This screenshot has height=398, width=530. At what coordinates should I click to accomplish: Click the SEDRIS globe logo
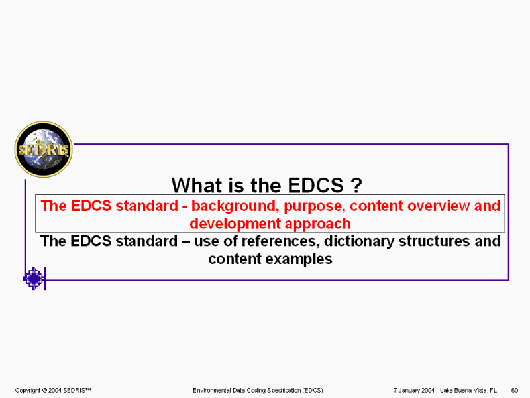click(43, 149)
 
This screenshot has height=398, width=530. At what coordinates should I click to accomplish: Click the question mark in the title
click(356, 185)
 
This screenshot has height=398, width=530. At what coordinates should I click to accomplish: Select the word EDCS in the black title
click(316, 185)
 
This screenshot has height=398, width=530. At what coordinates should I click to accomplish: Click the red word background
click(235, 206)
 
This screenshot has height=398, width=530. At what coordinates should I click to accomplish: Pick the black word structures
click(435, 241)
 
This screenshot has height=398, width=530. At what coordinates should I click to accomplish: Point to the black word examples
click(299, 259)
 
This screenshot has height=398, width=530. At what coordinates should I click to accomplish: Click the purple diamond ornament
click(34, 278)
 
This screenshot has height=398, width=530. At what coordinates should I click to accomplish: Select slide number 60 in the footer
click(515, 390)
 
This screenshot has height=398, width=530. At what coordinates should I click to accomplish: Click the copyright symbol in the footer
click(44, 390)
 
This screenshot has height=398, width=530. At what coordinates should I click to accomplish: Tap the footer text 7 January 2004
click(413, 390)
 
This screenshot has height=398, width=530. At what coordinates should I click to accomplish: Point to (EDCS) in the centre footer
click(311, 390)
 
